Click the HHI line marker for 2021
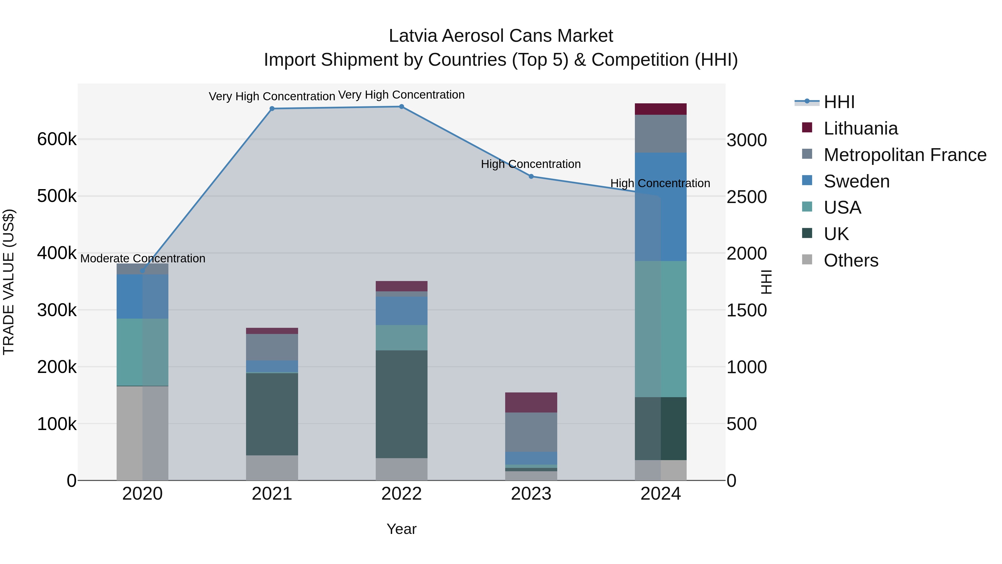click(272, 109)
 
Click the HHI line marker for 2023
click(531, 176)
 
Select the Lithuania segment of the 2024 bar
click(660, 109)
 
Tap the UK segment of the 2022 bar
click(401, 404)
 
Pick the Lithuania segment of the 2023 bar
click(531, 402)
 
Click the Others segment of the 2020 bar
click(142, 433)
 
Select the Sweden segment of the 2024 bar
click(660, 207)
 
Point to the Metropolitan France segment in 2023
click(531, 432)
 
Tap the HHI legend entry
click(839, 102)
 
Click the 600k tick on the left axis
click(57, 139)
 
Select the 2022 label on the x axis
click(401, 494)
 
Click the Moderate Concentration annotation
click(143, 258)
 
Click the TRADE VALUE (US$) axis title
click(9, 282)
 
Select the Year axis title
click(401, 529)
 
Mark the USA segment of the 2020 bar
click(142, 352)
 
